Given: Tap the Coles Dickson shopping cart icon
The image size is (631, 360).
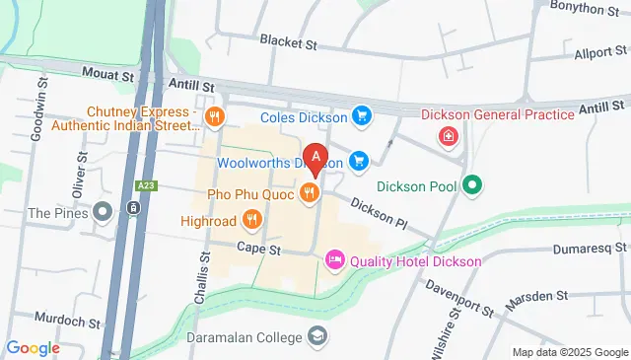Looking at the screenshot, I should pos(362,116).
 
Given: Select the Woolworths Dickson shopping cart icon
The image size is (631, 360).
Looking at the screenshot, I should pos(359,160).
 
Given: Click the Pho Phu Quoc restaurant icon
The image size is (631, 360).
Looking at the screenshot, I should pos(310,194).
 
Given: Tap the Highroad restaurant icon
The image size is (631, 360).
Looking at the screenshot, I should pos(251,219).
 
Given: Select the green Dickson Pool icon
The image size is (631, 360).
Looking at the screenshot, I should pos(472,184).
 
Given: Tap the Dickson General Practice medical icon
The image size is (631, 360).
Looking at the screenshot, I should pos(450,137).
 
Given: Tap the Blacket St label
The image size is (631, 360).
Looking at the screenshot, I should pos(288,41).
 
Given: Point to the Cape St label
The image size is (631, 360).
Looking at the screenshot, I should pos(259,251).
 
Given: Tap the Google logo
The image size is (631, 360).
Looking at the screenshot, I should pos(33,347).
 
